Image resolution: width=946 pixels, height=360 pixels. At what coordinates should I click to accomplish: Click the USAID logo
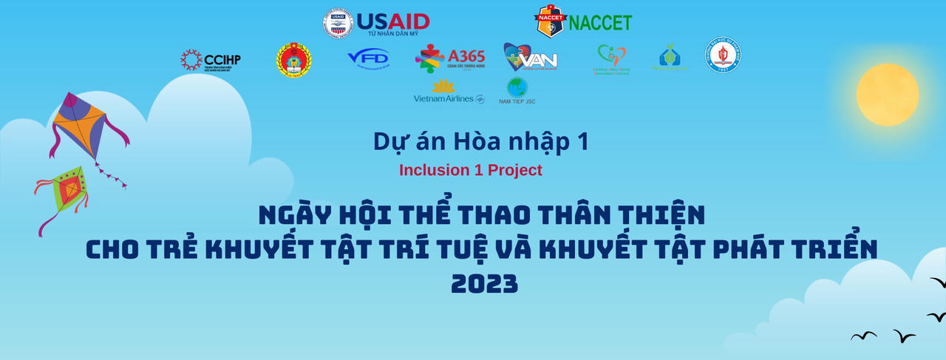376,22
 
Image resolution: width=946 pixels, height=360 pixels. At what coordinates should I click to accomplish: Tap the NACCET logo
583,21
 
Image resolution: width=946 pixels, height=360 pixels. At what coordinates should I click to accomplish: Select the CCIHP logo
211,60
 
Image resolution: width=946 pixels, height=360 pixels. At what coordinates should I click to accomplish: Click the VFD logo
367,58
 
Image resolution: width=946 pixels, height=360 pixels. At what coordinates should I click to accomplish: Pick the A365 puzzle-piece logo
450,58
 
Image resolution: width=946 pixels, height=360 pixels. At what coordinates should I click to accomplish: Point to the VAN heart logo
530,57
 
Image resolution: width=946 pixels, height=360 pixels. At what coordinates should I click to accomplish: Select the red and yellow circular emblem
293,59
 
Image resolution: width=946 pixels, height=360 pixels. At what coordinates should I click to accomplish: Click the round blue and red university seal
723,55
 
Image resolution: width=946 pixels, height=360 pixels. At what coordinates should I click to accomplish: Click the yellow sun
887,95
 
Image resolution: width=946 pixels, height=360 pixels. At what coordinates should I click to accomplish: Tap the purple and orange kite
83,126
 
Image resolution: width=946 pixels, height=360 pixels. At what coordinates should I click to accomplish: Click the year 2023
484,284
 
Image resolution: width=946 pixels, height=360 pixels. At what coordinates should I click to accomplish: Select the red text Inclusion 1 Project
471,170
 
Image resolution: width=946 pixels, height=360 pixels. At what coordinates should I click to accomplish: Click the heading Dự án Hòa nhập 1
480,141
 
